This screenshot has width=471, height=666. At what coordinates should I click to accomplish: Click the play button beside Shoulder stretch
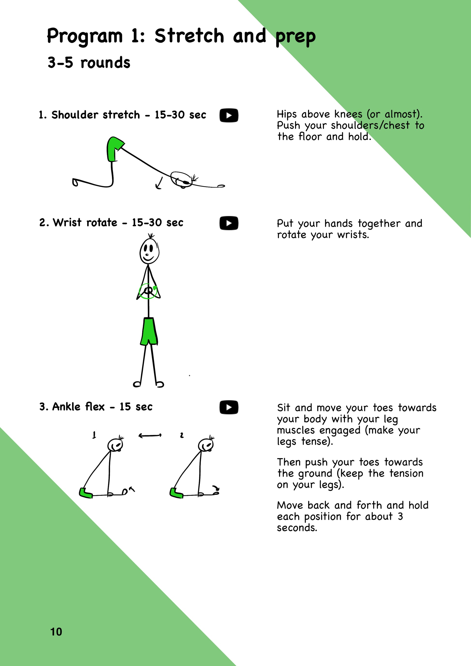click(x=229, y=115)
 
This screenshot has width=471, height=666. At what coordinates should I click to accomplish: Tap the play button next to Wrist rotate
click(x=229, y=223)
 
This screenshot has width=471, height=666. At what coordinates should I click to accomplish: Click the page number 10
click(x=56, y=632)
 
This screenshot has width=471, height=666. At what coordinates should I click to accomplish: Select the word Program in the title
click(x=85, y=37)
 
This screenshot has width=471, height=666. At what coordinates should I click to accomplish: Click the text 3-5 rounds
click(x=89, y=63)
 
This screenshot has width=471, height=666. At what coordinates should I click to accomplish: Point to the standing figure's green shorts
click(x=149, y=331)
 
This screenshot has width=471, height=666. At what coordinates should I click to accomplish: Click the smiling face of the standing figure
click(x=149, y=251)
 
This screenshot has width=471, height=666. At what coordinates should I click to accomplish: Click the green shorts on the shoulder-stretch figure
click(x=114, y=149)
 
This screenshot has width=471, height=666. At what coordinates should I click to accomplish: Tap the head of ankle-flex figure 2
click(x=206, y=444)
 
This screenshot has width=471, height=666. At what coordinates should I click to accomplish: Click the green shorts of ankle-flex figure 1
click(x=85, y=493)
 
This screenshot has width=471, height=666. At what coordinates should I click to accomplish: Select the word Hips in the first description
click(x=287, y=114)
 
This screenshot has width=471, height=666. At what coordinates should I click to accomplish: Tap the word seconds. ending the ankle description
click(x=297, y=528)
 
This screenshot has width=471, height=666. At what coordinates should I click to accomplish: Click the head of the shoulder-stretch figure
click(x=181, y=180)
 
